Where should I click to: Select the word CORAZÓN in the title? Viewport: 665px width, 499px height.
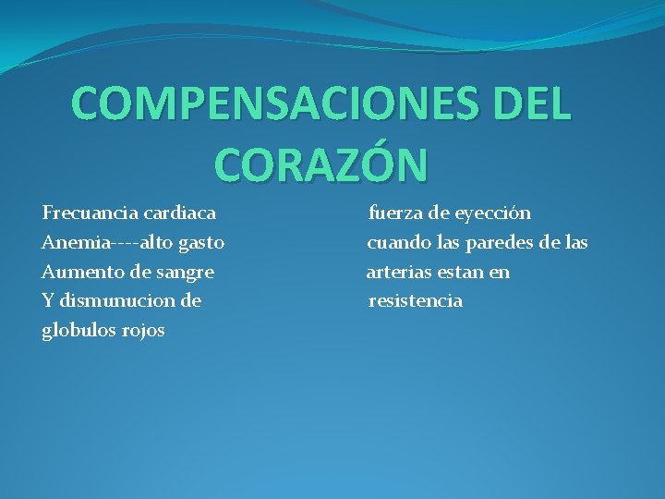(321, 163)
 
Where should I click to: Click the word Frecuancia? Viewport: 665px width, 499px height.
(88, 213)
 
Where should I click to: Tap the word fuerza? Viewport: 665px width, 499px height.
(395, 213)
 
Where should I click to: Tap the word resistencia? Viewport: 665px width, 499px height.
(415, 301)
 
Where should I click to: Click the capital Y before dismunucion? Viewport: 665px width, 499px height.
(47, 301)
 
